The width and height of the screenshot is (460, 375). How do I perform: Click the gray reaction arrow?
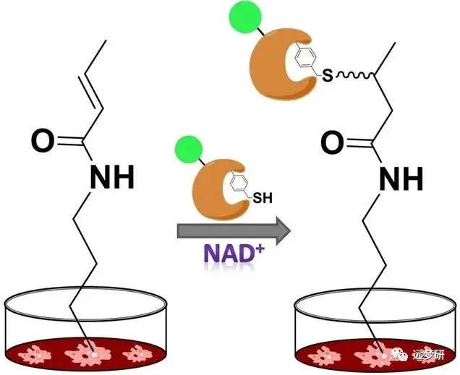(x=233, y=231)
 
